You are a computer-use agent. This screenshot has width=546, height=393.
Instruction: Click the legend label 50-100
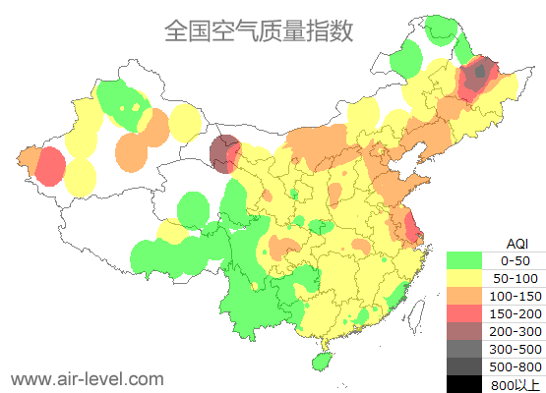pyautogui.click(x=516, y=278)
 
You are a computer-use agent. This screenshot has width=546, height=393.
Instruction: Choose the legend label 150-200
pyautogui.click(x=516, y=313)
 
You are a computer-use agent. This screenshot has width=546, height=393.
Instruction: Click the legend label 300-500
pyautogui.click(x=516, y=349)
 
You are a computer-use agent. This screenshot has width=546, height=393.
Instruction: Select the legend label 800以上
pyautogui.click(x=516, y=384)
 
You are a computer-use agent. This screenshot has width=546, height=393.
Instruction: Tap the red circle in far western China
pyautogui.click(x=48, y=167)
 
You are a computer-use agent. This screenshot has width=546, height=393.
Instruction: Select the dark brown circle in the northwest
pyautogui.click(x=225, y=152)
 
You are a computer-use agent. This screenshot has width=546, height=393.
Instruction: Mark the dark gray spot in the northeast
pyautogui.click(x=480, y=72)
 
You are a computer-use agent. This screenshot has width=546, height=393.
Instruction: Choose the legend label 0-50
pyautogui.click(x=516, y=260)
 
